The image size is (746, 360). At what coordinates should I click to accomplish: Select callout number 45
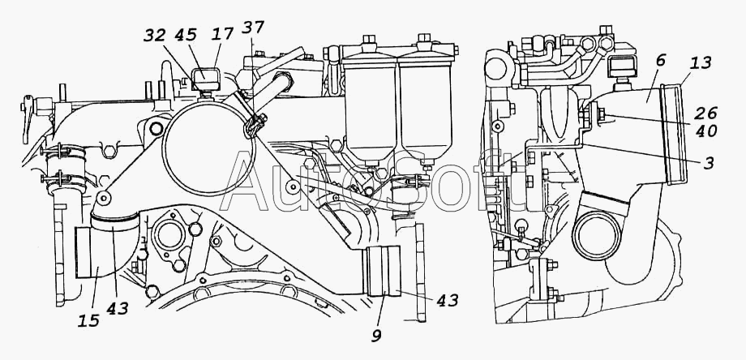click(x=186, y=36)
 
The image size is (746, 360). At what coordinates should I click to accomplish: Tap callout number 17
click(x=223, y=34)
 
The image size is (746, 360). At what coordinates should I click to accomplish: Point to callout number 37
click(x=253, y=28)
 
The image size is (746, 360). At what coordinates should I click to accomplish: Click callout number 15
click(x=89, y=320)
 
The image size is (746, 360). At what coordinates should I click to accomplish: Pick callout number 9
click(x=376, y=336)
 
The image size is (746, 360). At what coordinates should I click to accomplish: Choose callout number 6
click(x=660, y=60)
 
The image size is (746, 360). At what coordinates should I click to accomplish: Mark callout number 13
click(x=701, y=62)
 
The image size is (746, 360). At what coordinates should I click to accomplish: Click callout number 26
click(x=706, y=114)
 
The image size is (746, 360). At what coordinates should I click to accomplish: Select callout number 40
click(x=706, y=131)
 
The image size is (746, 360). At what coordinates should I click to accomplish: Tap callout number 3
click(x=710, y=163)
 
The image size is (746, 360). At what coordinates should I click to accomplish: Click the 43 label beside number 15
click(x=118, y=308)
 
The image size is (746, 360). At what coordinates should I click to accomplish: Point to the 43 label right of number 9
click(x=448, y=301)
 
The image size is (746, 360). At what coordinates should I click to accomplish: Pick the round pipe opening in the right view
click(x=597, y=234)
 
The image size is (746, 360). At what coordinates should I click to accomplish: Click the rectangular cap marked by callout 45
click(x=205, y=78)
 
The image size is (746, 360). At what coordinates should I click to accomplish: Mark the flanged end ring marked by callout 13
click(x=675, y=134)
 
